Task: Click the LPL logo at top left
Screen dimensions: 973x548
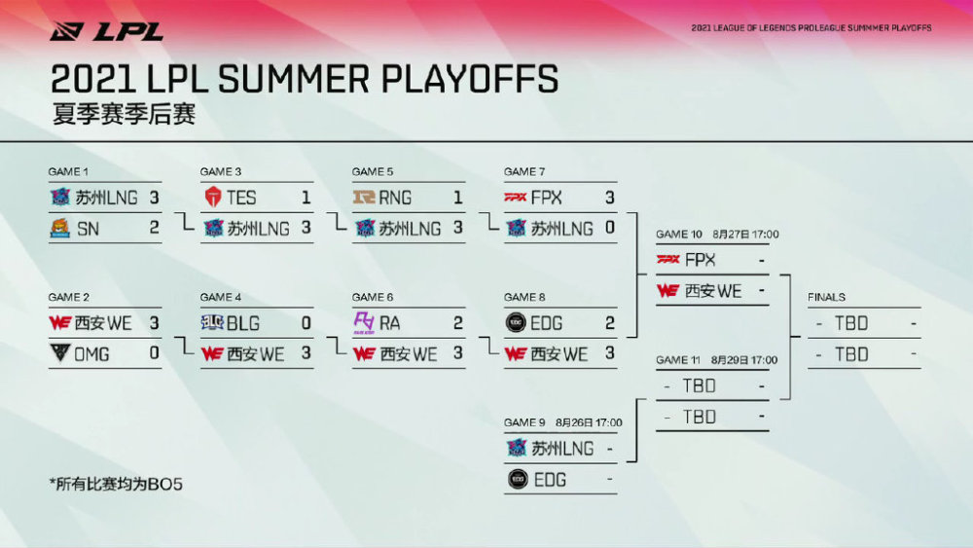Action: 106,31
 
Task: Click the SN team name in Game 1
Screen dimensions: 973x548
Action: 89,229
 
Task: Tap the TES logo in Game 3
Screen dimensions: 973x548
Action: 213,198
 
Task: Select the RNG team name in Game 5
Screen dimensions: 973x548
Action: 395,198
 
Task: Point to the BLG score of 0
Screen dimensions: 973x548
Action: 306,323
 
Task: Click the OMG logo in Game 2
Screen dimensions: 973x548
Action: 59,353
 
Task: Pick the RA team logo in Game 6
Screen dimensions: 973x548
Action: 364,323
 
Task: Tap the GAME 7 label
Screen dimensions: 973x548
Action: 524,171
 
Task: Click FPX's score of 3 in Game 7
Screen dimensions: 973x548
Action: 609,198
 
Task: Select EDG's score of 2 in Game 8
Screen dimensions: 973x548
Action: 609,323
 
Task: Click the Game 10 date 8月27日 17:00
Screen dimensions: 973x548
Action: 745,234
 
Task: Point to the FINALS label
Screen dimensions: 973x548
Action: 826,297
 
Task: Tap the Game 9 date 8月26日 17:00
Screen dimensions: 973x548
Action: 589,422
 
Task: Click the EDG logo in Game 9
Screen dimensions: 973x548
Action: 518,479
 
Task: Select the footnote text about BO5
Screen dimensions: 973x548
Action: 116,484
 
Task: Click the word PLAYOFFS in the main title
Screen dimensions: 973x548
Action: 470,80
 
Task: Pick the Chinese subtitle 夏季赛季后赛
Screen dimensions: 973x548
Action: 125,114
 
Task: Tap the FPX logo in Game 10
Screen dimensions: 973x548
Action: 667,260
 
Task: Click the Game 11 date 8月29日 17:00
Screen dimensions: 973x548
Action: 744,360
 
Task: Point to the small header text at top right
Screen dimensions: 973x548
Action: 811,28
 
